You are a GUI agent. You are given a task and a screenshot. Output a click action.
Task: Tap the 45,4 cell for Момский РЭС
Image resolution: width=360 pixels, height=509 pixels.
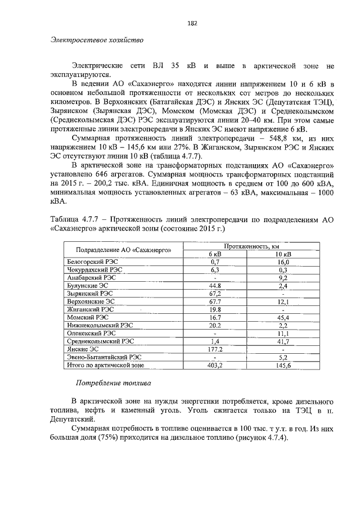(283, 317)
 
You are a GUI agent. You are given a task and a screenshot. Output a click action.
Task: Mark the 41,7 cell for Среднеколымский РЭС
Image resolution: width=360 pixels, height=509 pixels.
(283, 341)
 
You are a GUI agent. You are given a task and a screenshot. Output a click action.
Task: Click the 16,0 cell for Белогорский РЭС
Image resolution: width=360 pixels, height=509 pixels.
(283, 262)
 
